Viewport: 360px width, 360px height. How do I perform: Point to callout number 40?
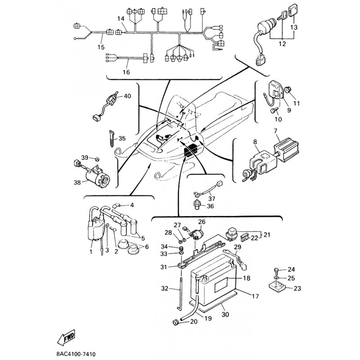[x=127, y=96]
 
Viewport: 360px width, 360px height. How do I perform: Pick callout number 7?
[x=275, y=131]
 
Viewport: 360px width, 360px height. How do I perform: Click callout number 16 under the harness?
[x=126, y=72]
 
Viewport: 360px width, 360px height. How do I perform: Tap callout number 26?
[x=201, y=221]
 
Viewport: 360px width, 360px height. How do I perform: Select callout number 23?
[x=297, y=288]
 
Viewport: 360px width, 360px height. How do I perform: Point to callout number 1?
[x=91, y=252]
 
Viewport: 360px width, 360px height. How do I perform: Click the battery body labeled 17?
[x=216, y=288]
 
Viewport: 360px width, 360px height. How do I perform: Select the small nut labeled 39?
[x=96, y=158]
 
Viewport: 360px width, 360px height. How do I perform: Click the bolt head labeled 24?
[x=276, y=270]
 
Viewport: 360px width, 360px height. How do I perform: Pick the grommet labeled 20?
[x=174, y=321]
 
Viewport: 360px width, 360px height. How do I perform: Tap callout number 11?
[x=297, y=103]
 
